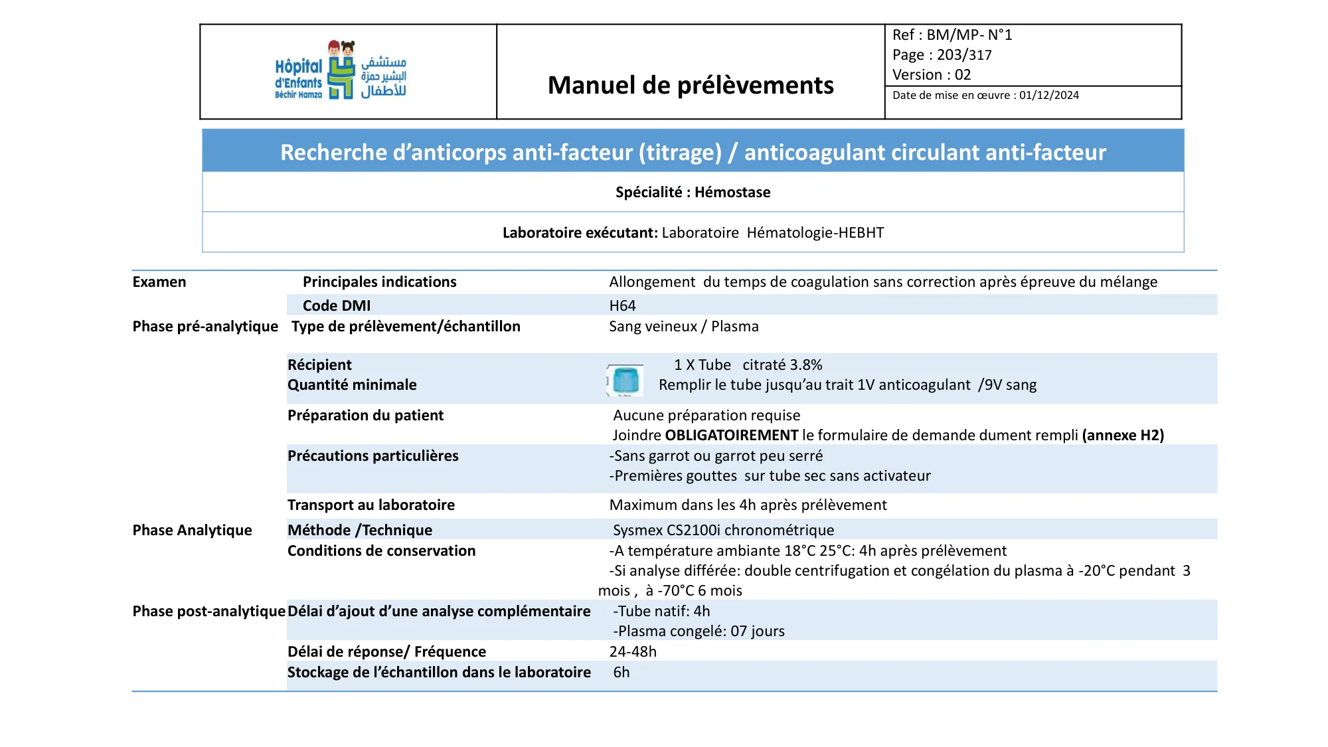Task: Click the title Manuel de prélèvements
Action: click(691, 85)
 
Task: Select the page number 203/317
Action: click(964, 55)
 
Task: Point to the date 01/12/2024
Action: click(1049, 96)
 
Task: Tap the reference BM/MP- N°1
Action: click(969, 35)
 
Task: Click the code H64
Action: click(622, 305)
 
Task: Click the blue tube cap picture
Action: click(625, 380)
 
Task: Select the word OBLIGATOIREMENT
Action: click(731, 436)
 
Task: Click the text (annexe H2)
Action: click(1123, 436)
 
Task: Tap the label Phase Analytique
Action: click(192, 530)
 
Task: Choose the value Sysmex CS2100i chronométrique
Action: click(723, 530)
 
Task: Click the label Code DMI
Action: click(337, 305)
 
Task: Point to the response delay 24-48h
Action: click(633, 651)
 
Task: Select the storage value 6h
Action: click(622, 672)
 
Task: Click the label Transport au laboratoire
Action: click(371, 505)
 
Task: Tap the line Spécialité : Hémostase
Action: click(693, 193)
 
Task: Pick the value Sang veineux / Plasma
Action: click(683, 326)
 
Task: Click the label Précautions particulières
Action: click(373, 456)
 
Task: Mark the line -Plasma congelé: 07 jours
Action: click(699, 631)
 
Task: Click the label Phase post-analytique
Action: click(208, 611)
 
